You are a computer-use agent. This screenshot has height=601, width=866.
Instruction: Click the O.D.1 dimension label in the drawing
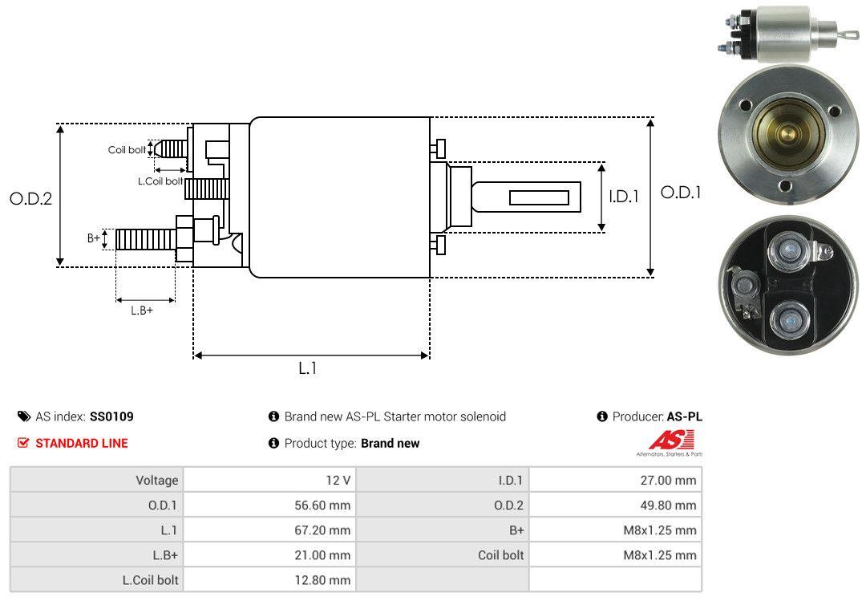point(680,193)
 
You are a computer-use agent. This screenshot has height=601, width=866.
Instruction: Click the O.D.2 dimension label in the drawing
point(30,198)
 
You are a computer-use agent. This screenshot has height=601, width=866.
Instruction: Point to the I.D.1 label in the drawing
point(623,196)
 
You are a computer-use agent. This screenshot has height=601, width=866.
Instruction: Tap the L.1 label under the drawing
point(308,368)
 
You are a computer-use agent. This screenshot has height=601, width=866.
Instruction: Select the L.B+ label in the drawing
point(142,310)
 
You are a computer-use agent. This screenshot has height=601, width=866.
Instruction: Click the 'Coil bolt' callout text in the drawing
point(127,150)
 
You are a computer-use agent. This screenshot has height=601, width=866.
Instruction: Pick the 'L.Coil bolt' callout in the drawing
point(160,181)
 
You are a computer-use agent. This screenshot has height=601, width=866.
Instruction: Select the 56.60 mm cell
point(323,505)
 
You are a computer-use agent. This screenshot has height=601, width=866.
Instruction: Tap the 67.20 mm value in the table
point(323,530)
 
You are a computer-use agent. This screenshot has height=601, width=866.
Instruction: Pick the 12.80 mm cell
point(323,579)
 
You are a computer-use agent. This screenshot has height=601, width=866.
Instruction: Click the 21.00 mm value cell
point(323,554)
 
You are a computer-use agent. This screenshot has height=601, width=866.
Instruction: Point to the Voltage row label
point(156,480)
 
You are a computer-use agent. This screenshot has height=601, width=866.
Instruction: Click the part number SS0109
point(111,416)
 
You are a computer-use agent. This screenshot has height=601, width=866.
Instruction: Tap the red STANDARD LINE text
point(81,443)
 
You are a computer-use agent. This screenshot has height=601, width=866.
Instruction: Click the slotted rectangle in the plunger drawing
point(539,197)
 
